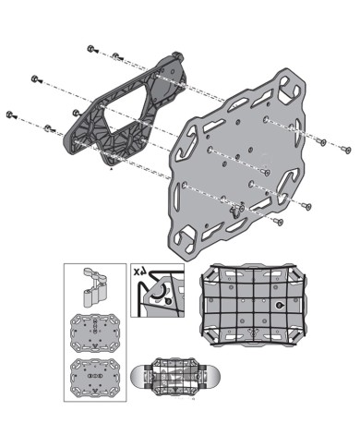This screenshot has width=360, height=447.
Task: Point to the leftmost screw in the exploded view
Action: [x=11, y=114]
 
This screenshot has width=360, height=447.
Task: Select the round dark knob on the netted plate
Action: [x=278, y=305]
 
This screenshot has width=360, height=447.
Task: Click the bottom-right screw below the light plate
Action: [x=278, y=222]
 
